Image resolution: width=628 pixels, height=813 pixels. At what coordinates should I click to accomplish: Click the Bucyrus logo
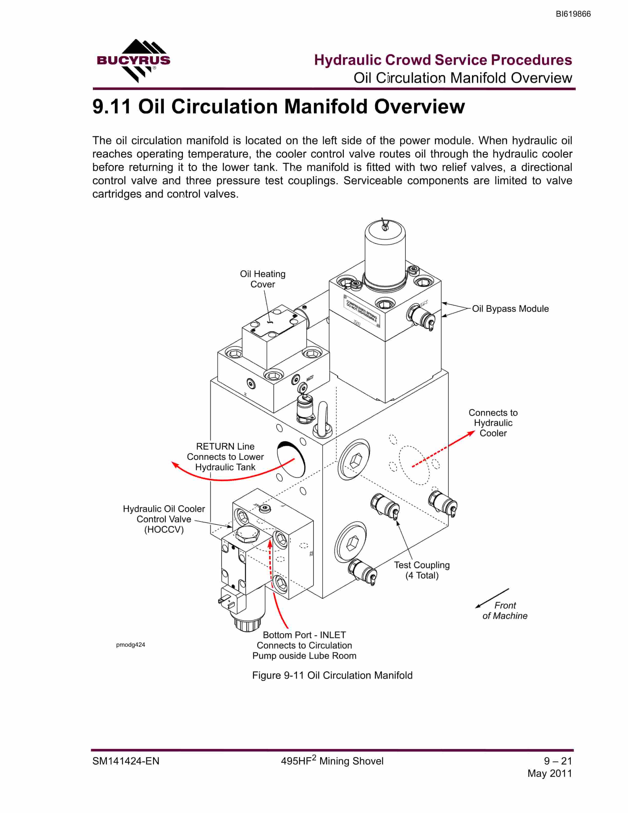click(133, 61)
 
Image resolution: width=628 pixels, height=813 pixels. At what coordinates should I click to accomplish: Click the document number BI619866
click(573, 14)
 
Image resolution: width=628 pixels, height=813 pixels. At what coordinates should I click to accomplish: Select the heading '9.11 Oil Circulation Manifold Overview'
click(279, 107)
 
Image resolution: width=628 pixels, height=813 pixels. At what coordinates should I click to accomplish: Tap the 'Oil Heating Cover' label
click(263, 279)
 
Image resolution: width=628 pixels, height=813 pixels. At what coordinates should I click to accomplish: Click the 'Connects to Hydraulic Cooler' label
click(493, 423)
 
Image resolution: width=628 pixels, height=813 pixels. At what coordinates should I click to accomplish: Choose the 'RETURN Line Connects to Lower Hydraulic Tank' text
click(225, 457)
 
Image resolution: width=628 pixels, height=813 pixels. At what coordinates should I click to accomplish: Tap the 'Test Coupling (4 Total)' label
click(422, 570)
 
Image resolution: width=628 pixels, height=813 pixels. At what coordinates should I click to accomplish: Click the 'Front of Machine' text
click(505, 611)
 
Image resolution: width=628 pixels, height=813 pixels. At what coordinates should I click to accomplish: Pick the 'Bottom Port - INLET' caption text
click(304, 635)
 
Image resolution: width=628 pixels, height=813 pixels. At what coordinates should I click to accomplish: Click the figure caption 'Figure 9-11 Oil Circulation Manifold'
click(332, 676)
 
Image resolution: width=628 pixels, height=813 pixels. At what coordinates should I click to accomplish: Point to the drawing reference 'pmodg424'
click(130, 645)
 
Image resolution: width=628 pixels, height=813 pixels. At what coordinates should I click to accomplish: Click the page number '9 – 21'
click(558, 761)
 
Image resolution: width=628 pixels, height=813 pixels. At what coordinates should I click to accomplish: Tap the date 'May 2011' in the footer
click(549, 773)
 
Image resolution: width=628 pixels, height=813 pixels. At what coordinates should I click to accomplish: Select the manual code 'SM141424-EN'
click(126, 761)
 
